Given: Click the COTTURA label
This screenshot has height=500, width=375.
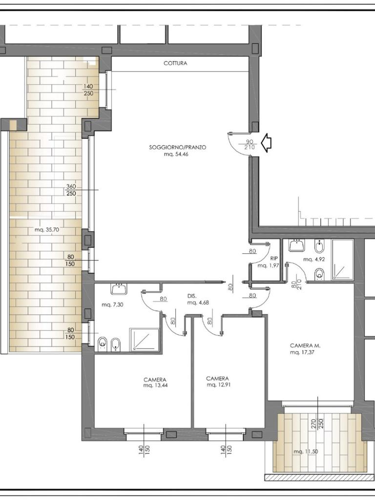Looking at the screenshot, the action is pos(175,63).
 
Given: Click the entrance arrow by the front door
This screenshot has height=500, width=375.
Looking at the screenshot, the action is pos(266,143).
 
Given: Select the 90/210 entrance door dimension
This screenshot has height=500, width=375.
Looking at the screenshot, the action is pos(250,145).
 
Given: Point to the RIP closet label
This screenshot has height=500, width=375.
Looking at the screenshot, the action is pos(274,259).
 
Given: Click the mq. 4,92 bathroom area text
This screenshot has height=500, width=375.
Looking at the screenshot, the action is pos(314,259).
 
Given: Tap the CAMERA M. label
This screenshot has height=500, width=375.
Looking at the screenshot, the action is pos(305,345).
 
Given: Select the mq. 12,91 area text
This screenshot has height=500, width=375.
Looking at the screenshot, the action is pos(218,385).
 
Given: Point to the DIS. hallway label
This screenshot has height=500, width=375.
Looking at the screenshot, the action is pos(192,296).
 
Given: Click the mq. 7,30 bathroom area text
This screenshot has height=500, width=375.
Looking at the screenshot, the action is pos(112,305).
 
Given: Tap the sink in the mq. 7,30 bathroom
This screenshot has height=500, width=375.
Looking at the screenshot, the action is pos(119,289).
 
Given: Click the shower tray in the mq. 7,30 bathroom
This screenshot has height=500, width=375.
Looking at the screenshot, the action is pos(144,340).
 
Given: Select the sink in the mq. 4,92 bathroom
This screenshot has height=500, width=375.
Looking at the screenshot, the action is pos(297,246).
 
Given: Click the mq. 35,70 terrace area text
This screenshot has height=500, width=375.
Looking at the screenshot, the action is pos(47,229).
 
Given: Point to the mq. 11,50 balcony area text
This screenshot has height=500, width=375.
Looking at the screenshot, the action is pos(306,452).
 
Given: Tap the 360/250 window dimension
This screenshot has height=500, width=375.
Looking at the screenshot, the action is pos(71,190).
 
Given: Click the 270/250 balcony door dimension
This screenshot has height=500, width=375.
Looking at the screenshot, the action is pos(317,423).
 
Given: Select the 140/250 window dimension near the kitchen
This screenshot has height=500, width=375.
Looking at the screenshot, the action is pos(88,90).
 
